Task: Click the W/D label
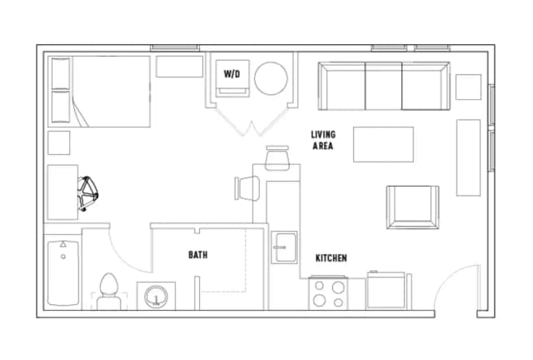[x=232, y=74]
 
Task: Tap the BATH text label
[x=198, y=255]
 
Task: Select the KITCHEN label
[x=331, y=258]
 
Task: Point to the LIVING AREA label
[x=323, y=140]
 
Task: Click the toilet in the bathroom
[x=109, y=292]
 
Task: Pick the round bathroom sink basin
[x=156, y=297]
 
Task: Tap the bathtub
[x=63, y=272]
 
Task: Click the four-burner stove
[x=328, y=293]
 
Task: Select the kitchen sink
[x=284, y=247]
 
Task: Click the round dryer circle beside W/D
[x=271, y=78]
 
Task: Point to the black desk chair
[x=87, y=193]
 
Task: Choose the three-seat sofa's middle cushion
[x=384, y=86]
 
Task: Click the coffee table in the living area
[x=383, y=145]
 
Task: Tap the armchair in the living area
[x=413, y=207]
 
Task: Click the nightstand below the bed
[x=59, y=142]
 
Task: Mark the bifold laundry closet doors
[x=252, y=122]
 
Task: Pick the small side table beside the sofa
[x=468, y=87]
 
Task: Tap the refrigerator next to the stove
[x=386, y=290]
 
